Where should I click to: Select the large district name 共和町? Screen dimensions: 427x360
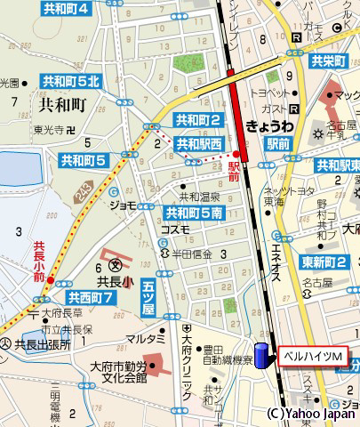point(62,103)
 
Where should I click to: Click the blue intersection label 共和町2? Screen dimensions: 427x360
point(196,119)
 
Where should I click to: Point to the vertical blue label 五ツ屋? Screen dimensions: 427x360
point(148,297)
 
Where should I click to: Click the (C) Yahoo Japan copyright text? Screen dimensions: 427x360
point(313,415)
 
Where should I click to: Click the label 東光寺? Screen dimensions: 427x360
point(48,130)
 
